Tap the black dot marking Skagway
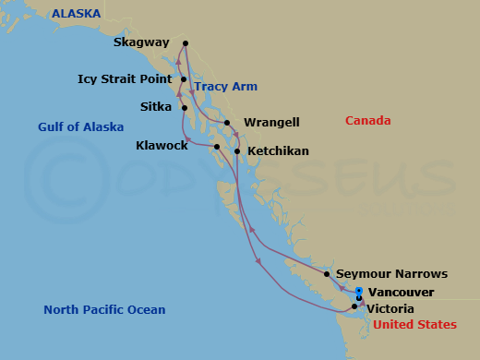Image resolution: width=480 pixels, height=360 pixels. [x=186, y=42]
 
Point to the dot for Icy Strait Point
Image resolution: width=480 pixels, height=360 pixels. [x=184, y=79]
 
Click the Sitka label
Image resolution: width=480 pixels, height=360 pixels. [x=156, y=107]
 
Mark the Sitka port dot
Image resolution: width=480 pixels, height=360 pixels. [x=186, y=107]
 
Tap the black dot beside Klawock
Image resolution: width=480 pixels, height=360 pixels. [x=217, y=147]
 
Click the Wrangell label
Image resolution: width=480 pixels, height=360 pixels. [x=270, y=122]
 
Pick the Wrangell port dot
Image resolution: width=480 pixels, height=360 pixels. [x=227, y=122]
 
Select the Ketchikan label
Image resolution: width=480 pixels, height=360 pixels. [x=278, y=150]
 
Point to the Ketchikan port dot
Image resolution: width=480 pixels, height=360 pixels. [x=238, y=150]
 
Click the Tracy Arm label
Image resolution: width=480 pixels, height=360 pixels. [x=225, y=87]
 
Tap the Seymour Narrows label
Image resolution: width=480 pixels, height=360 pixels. [x=392, y=274]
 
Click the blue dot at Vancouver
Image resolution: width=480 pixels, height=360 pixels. [x=359, y=291]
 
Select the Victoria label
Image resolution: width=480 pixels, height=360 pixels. [x=390, y=308]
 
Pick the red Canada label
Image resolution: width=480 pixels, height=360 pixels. [x=367, y=121]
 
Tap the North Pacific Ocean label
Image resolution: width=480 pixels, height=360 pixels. [x=104, y=310]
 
